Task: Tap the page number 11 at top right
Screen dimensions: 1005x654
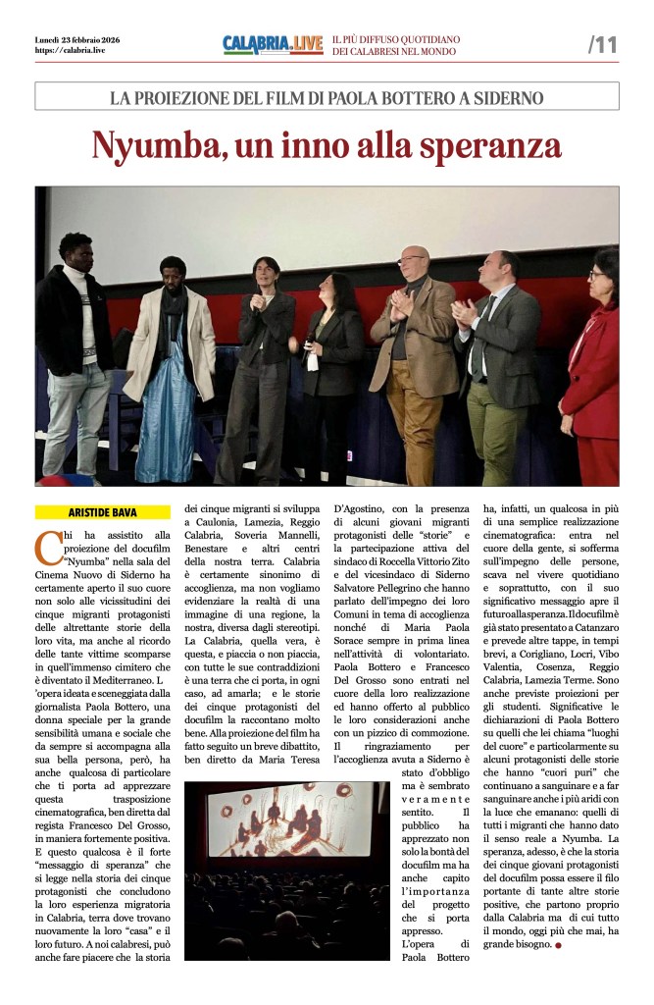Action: point(602,44)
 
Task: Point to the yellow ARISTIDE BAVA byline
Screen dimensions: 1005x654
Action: point(102,511)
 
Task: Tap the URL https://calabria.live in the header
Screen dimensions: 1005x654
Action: point(70,50)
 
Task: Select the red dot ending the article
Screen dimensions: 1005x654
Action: point(558,945)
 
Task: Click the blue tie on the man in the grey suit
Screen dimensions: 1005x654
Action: point(479,339)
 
